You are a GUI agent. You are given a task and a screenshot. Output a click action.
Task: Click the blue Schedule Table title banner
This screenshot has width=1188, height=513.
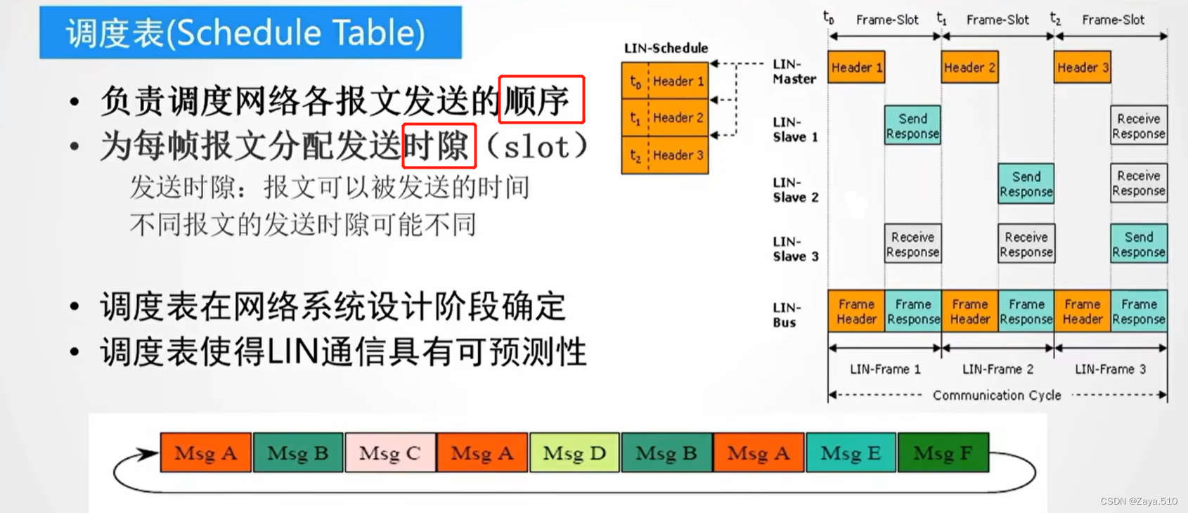click(x=250, y=32)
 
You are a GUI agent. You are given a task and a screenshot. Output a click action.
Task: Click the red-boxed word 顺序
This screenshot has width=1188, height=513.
click(x=541, y=99)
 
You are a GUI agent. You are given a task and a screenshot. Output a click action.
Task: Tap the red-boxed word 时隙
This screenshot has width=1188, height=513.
click(x=439, y=145)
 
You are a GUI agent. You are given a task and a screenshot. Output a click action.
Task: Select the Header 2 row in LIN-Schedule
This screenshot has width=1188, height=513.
click(x=665, y=118)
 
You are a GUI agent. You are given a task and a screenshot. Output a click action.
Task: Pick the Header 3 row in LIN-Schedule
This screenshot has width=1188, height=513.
click(x=665, y=155)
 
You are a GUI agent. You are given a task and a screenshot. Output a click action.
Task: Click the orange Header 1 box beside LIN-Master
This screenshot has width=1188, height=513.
click(x=856, y=67)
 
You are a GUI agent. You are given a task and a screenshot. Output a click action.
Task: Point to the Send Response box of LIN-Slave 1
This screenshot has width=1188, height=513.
click(x=912, y=126)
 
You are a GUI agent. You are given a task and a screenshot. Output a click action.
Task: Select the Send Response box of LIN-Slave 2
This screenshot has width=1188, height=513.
click(x=1026, y=184)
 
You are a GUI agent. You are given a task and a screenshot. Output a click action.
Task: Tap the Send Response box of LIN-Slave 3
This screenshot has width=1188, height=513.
click(x=1139, y=244)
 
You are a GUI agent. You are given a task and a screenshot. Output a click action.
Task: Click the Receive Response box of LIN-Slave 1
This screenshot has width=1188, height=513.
click(x=1139, y=126)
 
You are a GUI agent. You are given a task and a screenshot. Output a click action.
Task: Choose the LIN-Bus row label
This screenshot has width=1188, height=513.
click(x=786, y=315)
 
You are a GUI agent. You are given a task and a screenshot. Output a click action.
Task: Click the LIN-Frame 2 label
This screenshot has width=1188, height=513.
click(x=997, y=369)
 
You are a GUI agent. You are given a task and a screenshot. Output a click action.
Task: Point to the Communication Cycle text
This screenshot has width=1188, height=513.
click(x=997, y=396)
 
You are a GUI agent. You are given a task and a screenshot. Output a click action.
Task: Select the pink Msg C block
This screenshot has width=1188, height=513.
click(x=390, y=453)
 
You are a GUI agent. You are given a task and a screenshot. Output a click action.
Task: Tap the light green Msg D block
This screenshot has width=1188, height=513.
click(x=574, y=453)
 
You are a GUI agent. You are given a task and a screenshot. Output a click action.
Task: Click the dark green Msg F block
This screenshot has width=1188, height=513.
click(x=943, y=453)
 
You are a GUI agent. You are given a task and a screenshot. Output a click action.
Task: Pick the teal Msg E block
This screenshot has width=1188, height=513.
click(x=851, y=453)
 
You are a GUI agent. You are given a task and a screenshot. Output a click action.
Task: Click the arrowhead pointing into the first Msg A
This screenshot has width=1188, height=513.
click(x=149, y=454)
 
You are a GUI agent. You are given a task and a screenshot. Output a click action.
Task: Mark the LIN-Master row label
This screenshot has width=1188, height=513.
click(x=794, y=72)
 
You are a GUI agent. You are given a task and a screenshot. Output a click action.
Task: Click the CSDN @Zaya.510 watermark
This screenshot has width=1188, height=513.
click(x=1139, y=501)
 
